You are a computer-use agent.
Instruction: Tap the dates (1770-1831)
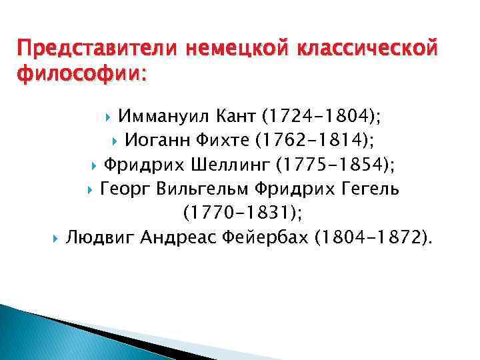(242, 213)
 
